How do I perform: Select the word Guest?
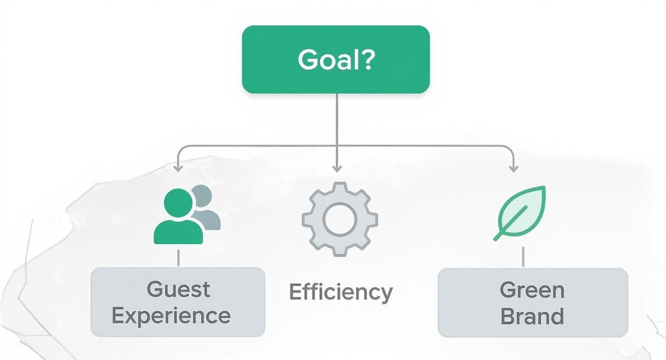click(x=178, y=290)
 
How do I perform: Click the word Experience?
click(x=171, y=316)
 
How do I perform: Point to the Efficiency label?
click(x=341, y=292)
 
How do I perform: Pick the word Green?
click(x=532, y=290)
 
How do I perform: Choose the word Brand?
click(x=532, y=317)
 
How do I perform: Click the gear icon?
click(x=340, y=219)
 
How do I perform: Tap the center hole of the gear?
click(x=340, y=219)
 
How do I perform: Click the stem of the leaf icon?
click(x=500, y=235)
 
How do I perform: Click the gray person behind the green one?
click(x=207, y=208)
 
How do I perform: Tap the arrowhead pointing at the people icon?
click(x=178, y=168)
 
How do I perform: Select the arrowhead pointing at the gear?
click(x=337, y=168)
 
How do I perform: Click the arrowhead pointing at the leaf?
click(x=513, y=168)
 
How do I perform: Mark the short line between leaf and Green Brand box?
click(x=523, y=257)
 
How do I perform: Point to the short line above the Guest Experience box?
click(x=178, y=257)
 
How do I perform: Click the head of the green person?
click(x=178, y=202)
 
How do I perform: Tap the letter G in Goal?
click(x=308, y=60)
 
